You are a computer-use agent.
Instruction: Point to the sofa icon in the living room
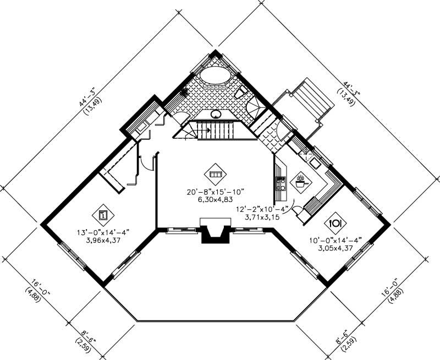click(x=215, y=174)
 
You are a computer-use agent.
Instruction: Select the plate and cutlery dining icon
click(x=335, y=223)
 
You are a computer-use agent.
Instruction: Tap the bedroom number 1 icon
click(x=103, y=214)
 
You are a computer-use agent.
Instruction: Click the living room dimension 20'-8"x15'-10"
click(x=215, y=192)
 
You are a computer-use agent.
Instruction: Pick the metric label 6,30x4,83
click(x=215, y=200)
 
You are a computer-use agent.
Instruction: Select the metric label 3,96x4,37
click(x=103, y=240)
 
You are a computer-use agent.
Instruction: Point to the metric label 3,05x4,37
click(x=335, y=248)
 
